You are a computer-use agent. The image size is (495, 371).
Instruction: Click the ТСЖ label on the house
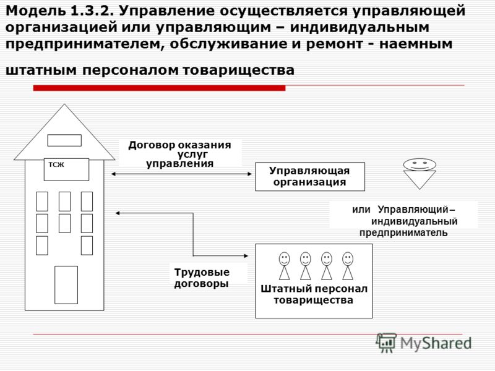56,164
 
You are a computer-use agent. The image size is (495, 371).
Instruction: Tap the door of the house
66,285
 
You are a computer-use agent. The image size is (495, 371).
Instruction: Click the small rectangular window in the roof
64,140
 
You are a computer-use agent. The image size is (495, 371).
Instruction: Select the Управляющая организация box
310,177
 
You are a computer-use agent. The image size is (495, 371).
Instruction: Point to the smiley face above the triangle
420,164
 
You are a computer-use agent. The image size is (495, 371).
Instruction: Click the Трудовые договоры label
202,278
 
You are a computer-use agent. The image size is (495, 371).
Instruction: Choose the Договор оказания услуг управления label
179,154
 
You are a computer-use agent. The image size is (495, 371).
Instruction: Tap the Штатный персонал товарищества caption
314,294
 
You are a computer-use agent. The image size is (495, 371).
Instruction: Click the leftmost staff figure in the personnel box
284,266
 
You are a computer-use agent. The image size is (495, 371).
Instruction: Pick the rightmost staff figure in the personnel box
348,266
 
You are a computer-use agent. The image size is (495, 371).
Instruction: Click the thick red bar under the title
159,88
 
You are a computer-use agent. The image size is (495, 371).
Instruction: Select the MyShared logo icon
386,343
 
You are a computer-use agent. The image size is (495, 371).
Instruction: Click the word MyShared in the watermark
436,343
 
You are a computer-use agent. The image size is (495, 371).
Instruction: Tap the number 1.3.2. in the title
90,11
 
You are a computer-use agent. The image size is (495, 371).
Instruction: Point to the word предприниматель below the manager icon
403,233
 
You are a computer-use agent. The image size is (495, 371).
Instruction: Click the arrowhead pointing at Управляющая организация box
250,174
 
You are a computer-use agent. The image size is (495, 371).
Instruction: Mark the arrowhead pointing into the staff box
246,256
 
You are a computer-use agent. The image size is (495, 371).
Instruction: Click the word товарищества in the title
239,70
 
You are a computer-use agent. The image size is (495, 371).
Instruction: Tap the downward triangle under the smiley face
420,178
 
